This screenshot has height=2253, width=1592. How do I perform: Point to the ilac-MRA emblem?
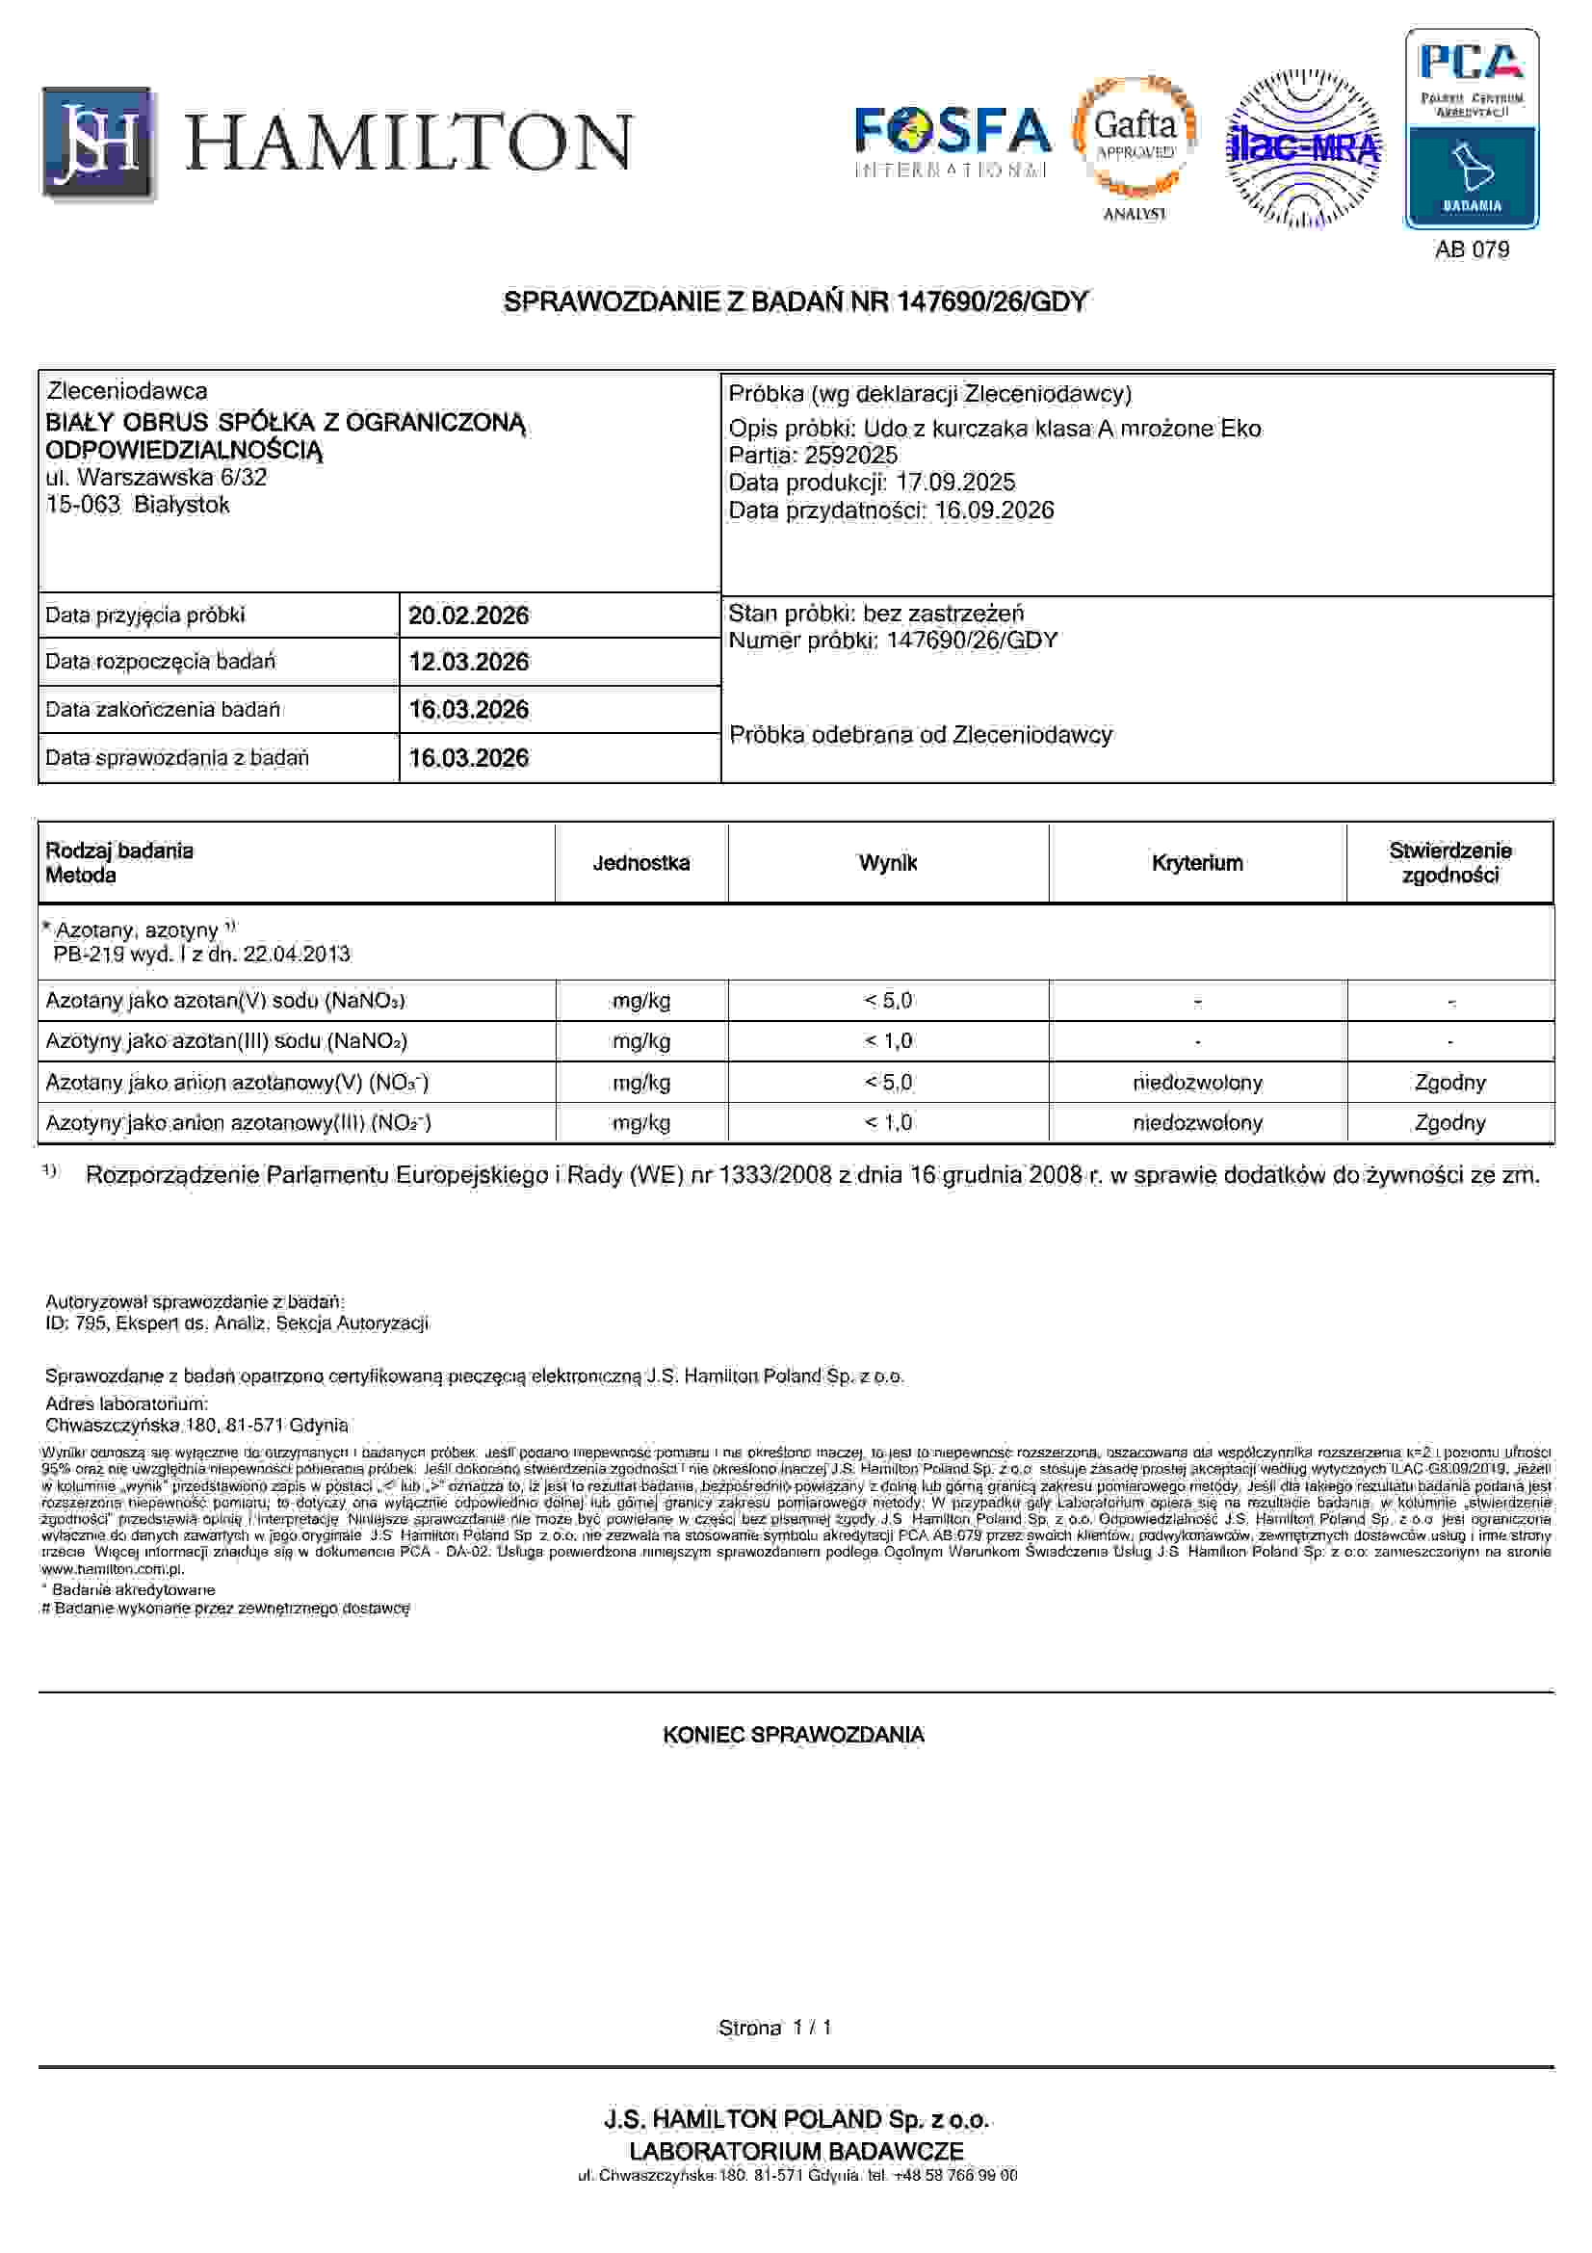pos(1303,147)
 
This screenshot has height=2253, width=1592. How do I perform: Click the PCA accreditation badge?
pos(1472,128)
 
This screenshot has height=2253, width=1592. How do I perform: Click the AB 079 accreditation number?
pos(1472,249)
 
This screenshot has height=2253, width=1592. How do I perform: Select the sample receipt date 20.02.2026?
pos(468,616)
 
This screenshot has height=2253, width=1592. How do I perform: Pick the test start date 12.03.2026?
pos(468,662)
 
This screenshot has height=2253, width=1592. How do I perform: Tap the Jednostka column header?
pos(640,862)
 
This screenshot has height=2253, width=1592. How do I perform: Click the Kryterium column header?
pos(1197,862)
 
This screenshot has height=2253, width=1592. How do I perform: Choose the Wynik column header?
pos(888,862)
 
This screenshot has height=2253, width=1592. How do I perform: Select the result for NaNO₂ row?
pos(888,1040)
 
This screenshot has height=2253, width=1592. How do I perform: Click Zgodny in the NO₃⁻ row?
pos(1449,1083)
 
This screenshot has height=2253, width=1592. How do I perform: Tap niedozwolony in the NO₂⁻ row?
pos(1197,1122)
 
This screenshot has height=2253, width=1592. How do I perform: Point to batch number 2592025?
pos(850,456)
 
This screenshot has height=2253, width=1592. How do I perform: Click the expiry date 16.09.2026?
pos(994,511)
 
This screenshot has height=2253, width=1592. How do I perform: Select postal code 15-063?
pos(83,506)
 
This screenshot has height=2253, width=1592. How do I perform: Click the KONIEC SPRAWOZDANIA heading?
pos(794,1735)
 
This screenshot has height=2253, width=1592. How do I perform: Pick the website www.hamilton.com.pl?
pos(113,1569)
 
